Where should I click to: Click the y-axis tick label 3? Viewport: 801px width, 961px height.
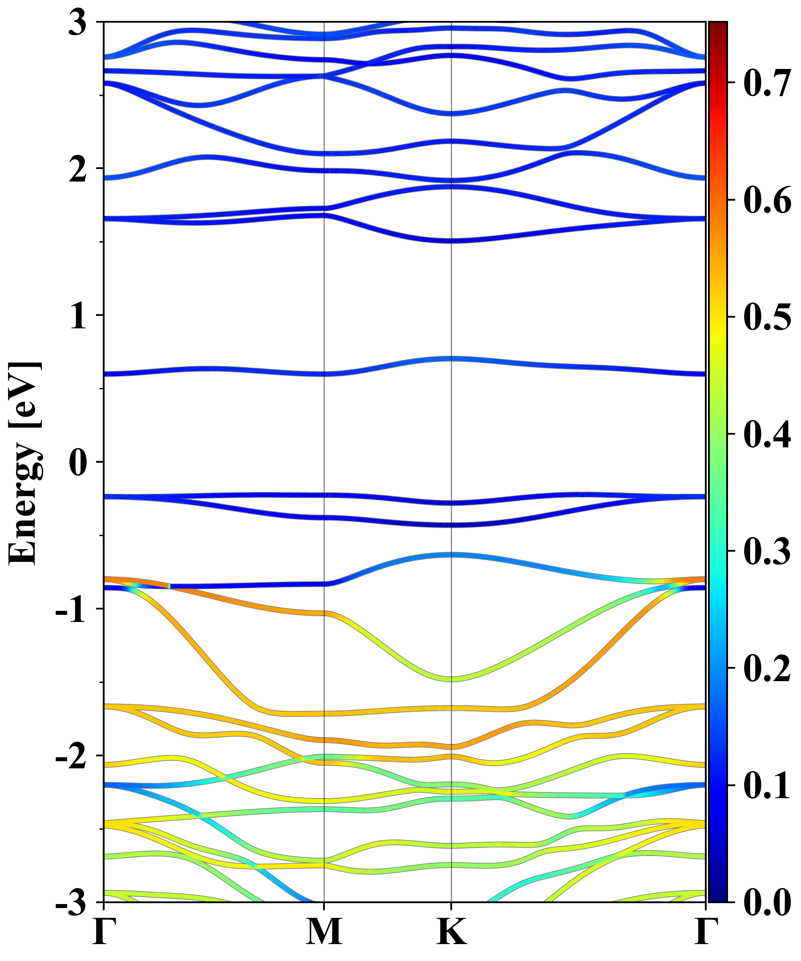point(77,23)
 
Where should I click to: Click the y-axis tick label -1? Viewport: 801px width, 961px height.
point(71,610)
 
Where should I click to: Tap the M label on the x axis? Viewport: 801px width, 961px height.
point(324,932)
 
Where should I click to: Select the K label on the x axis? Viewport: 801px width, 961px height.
point(452,932)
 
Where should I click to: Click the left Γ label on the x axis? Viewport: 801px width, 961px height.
point(103,932)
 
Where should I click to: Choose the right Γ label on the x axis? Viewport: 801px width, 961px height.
point(705,932)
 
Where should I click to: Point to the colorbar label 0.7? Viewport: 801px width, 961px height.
point(767,83)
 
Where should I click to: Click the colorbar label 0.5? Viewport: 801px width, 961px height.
point(767,317)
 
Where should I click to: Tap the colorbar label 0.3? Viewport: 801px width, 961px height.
point(767,551)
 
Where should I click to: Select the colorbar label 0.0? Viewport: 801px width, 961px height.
point(767,902)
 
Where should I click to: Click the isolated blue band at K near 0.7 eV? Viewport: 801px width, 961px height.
point(452,358)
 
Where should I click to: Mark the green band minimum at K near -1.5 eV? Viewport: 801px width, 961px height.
point(452,678)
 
